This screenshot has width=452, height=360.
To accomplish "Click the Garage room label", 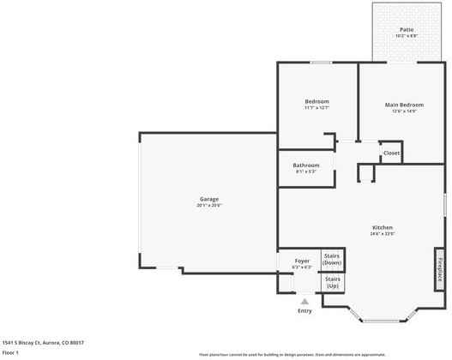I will (209, 199).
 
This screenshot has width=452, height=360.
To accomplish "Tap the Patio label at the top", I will (406, 30).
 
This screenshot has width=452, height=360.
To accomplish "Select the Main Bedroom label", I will (404, 105).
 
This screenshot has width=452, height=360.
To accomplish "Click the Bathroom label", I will (306, 165).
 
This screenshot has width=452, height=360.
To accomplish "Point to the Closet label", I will (391, 153).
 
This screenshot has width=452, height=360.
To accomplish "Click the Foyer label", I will (302, 260).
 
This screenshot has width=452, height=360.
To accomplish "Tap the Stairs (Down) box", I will (332, 260).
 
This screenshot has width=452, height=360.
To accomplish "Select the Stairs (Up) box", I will (332, 281).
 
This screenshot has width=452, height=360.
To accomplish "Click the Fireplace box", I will (440, 267).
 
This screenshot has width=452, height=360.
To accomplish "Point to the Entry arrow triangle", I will (304, 301).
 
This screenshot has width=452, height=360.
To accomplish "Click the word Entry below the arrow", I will (304, 310).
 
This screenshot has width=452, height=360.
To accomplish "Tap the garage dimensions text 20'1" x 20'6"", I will (209, 206).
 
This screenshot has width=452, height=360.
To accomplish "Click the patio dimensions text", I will (406, 36).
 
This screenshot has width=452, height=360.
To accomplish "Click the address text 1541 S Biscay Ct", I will (43, 342).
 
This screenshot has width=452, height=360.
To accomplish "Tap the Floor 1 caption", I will (10, 352).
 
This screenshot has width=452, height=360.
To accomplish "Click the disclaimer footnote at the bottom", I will (292, 354).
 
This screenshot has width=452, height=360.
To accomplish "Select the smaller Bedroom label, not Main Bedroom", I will (316, 101).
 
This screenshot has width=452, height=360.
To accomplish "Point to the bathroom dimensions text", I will (306, 171).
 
